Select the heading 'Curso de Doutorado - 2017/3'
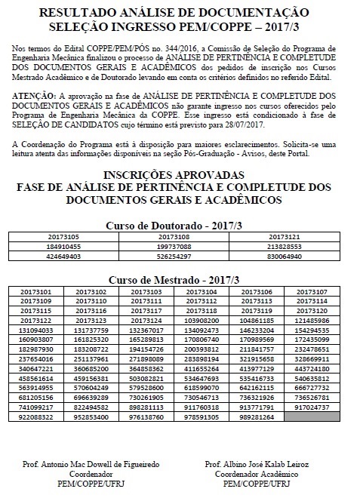point(180,225)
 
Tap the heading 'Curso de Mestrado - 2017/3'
point(180,279)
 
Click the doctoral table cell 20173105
point(63,236)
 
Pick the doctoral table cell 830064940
point(295,256)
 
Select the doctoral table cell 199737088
point(180,246)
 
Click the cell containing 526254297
point(180,256)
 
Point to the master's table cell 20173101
point(35,291)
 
